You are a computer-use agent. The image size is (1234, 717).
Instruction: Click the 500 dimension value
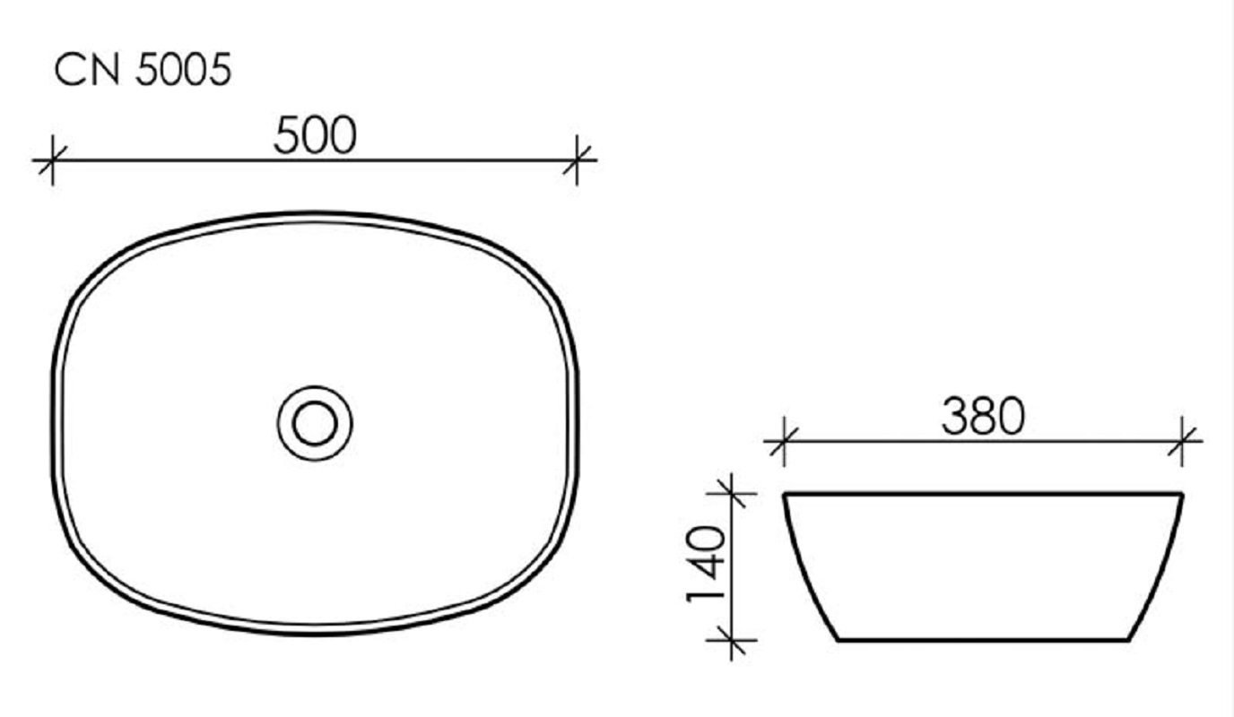[x=315, y=135]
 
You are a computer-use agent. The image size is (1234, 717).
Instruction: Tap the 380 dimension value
[x=983, y=417]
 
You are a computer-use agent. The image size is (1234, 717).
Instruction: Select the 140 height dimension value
[x=707, y=564]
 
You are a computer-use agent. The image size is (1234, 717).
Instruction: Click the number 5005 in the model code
[x=183, y=69]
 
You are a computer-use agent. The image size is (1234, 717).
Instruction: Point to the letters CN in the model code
[x=87, y=69]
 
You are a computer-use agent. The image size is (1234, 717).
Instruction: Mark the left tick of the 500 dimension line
[x=52, y=160]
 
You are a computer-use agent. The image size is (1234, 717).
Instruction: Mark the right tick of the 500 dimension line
[x=577, y=160]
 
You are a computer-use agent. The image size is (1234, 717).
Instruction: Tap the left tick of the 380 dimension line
[x=784, y=441]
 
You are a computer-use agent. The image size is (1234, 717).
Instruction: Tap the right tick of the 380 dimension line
[x=1182, y=441]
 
